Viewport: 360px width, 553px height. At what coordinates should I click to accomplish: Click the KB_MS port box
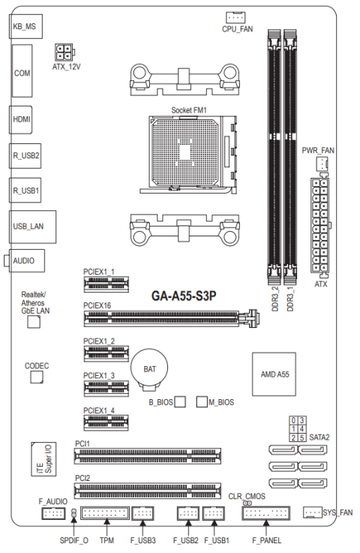pyautogui.click(x=24, y=26)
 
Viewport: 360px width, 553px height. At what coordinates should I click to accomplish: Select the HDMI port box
pyautogui.click(x=22, y=119)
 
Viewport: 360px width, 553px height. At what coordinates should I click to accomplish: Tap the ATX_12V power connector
pyautogui.click(x=63, y=52)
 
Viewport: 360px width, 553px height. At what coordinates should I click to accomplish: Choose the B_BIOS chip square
pyautogui.click(x=179, y=402)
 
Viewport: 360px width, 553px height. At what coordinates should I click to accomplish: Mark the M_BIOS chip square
pyautogui.click(x=201, y=402)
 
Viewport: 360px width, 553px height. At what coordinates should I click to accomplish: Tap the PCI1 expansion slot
pyautogui.click(x=147, y=455)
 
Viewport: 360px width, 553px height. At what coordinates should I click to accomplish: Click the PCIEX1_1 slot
pyautogui.click(x=104, y=284)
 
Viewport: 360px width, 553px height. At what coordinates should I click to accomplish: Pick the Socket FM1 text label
pyautogui.click(x=189, y=110)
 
